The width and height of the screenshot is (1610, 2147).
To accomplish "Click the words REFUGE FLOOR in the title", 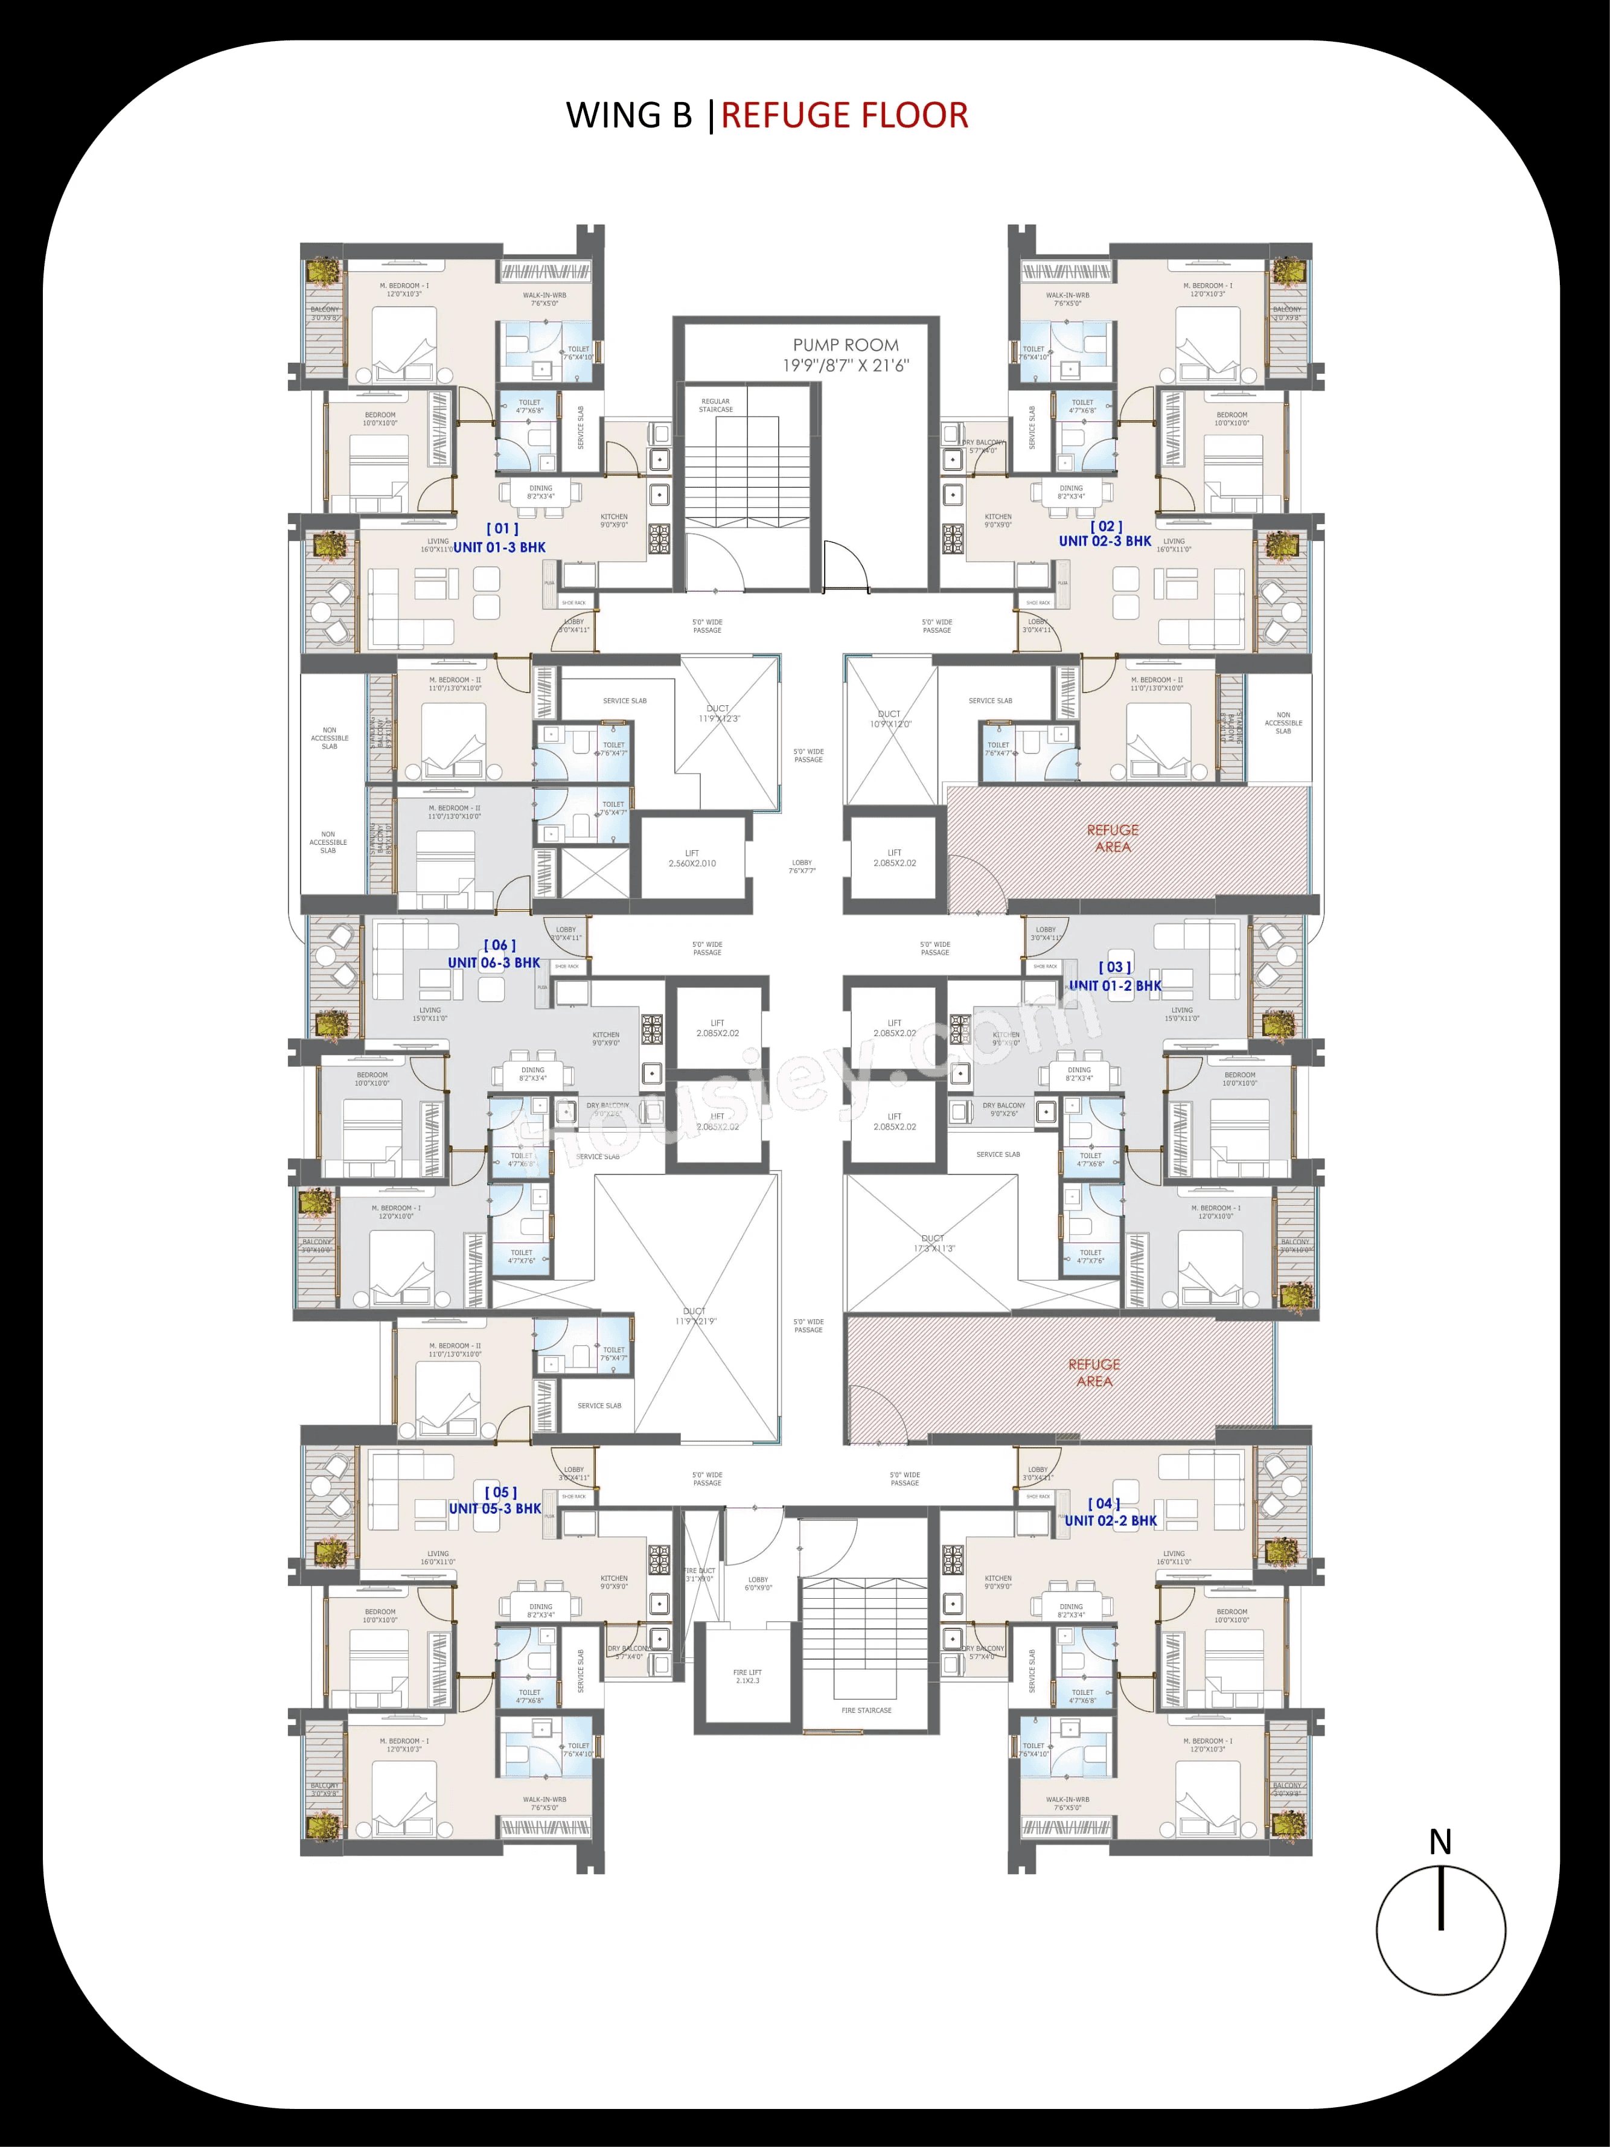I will [845, 115].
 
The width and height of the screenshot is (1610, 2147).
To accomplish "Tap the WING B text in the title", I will [629, 115].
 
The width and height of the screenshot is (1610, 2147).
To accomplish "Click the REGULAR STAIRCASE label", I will [715, 405].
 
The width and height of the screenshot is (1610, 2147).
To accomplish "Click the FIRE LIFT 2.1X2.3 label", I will [747, 1676].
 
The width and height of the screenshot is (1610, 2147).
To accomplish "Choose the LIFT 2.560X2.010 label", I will [692, 858].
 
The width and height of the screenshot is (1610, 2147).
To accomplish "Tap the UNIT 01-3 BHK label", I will [500, 548].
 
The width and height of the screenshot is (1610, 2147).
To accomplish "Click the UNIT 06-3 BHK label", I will [494, 963].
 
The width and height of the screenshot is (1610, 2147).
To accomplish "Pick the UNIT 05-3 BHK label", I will [495, 1508].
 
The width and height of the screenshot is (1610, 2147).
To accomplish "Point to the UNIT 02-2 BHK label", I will [1110, 1521].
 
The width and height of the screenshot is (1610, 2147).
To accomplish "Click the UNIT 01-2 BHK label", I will [1115, 985].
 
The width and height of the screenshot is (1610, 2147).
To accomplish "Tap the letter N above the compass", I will [1440, 1842].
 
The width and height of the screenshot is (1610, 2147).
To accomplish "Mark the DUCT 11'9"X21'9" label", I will [695, 1316].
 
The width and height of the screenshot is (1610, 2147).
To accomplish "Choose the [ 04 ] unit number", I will [1104, 1503].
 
